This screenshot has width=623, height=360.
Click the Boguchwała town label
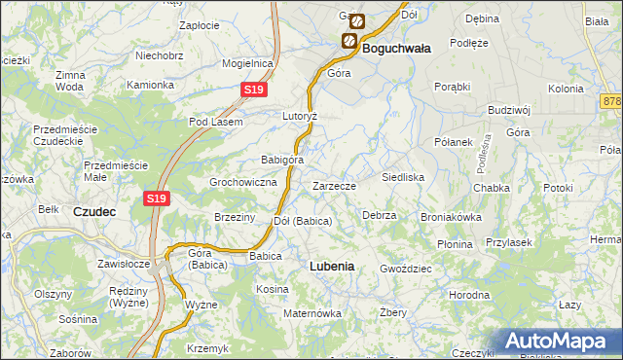point(397,46)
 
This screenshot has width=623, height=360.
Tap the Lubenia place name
point(331,265)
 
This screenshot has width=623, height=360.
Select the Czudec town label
point(95,210)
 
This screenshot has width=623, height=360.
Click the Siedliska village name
point(403,178)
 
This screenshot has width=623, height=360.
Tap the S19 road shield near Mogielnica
point(253,90)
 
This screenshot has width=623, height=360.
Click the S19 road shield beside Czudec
point(158,198)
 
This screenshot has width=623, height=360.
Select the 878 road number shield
point(612,101)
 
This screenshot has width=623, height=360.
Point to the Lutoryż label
point(301,115)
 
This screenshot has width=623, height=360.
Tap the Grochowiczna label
point(244,182)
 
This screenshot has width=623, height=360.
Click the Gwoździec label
point(405,267)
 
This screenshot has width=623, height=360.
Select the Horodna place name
point(469,294)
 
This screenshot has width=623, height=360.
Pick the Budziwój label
point(508,110)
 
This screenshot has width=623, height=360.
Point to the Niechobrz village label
point(161,55)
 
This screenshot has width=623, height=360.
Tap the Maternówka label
point(311,313)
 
